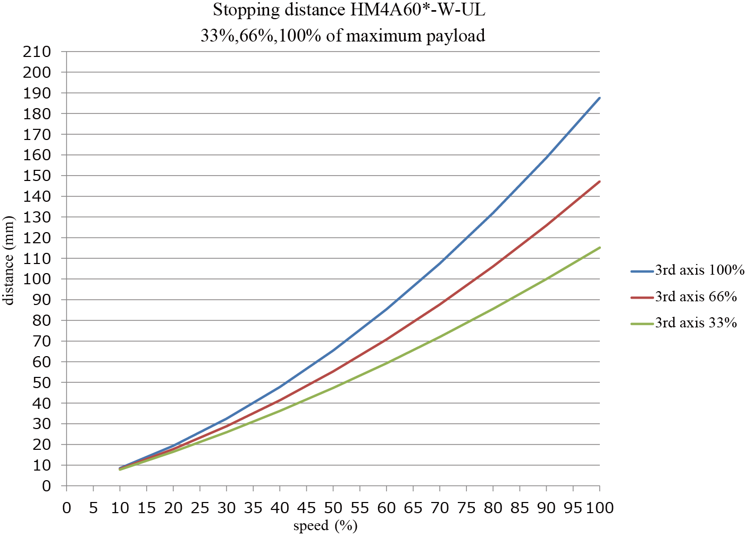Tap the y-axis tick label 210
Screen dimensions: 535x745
coord(37,52)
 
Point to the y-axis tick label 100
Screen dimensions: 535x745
coord(37,279)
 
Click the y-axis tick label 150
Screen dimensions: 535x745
coord(37,176)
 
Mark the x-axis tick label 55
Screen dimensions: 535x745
coord(360,508)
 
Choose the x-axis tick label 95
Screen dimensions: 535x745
coord(573,508)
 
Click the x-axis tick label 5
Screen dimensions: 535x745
coord(94,508)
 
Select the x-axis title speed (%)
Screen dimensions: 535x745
coord(325,526)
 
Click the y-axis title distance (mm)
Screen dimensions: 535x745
coord(9,260)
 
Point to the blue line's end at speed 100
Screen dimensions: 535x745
coord(600,97)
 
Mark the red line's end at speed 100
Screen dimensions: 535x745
coord(600,182)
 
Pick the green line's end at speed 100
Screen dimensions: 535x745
coord(600,247)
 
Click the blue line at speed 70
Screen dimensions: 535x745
coord(440,262)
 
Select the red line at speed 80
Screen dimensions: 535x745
coord(493,266)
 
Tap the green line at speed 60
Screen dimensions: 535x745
coord(387,363)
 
